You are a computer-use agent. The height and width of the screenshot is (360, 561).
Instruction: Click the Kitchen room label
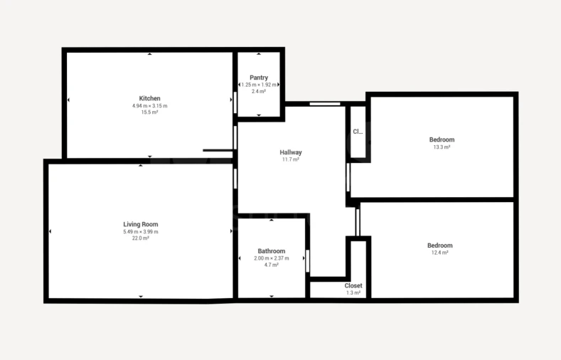coord(149,98)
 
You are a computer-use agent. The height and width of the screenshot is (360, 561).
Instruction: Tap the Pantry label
coord(259,78)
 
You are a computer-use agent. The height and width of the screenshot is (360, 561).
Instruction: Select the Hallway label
coord(291,152)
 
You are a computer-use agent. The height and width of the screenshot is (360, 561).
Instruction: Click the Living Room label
coord(141,224)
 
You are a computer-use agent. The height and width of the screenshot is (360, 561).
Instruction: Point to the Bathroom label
coord(272,251)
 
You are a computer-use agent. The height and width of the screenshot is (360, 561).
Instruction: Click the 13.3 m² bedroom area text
coord(442,147)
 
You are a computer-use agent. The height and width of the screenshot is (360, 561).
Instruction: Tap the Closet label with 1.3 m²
coord(353,285)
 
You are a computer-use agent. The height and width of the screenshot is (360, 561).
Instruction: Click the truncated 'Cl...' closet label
coord(358,132)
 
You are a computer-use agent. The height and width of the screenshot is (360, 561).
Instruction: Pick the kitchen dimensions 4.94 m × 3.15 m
coord(149,106)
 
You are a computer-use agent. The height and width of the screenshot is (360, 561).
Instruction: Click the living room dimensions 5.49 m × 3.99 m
coord(141,231)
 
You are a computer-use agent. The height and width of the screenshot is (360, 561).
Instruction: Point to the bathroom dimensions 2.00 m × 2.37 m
coord(272,258)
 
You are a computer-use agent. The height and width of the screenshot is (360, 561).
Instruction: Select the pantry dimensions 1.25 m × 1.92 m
coord(259,85)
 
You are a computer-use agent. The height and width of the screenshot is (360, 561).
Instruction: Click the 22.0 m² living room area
coord(141,238)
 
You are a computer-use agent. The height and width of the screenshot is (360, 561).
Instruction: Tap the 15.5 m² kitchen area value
coord(149,112)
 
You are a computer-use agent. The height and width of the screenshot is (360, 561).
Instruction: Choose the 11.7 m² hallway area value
coord(291,160)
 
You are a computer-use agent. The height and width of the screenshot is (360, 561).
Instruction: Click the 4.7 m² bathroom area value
coord(272,265)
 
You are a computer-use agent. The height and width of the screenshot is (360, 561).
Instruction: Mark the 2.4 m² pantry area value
coord(259,91)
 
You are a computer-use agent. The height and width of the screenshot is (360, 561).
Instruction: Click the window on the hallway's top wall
coord(324,105)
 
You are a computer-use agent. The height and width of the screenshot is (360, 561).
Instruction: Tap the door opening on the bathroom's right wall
coord(308,260)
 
